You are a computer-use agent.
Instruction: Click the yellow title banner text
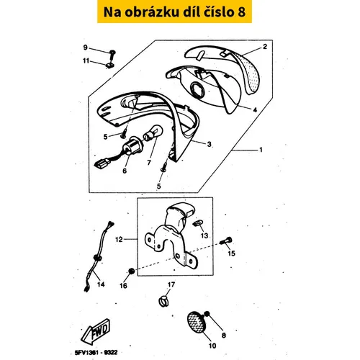click(x=174, y=12)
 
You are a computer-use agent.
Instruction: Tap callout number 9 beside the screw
click(x=86, y=48)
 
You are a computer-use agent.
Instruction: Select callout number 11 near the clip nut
click(x=86, y=61)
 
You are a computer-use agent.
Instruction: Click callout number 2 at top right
click(x=265, y=47)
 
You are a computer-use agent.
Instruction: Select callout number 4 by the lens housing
click(x=255, y=109)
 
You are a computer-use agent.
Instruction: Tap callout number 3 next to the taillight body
click(x=210, y=144)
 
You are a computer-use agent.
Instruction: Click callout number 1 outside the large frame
click(x=261, y=150)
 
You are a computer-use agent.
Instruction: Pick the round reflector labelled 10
click(x=195, y=323)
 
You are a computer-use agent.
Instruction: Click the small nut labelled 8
click(x=207, y=314)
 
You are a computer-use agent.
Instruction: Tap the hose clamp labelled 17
click(x=163, y=302)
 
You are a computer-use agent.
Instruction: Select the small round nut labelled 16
click(x=131, y=271)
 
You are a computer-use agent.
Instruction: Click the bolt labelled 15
click(x=226, y=240)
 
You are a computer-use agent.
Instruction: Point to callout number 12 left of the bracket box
click(x=119, y=240)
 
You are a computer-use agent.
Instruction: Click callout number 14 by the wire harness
click(x=101, y=284)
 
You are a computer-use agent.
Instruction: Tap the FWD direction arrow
click(x=95, y=331)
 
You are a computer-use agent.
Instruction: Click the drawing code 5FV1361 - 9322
click(x=96, y=352)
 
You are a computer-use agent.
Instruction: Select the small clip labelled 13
click(x=198, y=223)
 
